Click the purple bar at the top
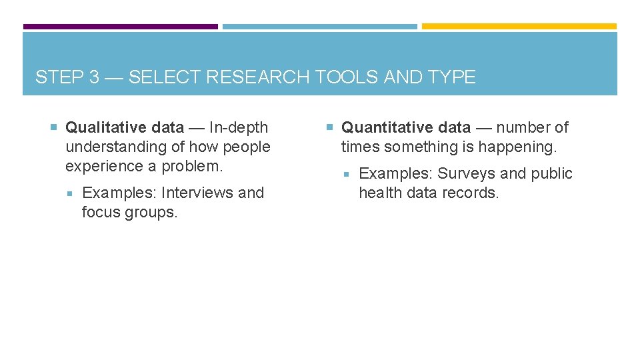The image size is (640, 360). (121, 27)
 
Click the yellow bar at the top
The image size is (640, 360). (519, 27)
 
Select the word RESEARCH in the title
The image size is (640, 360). (257, 77)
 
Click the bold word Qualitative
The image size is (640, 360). (102, 127)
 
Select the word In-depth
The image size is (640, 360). (239, 127)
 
